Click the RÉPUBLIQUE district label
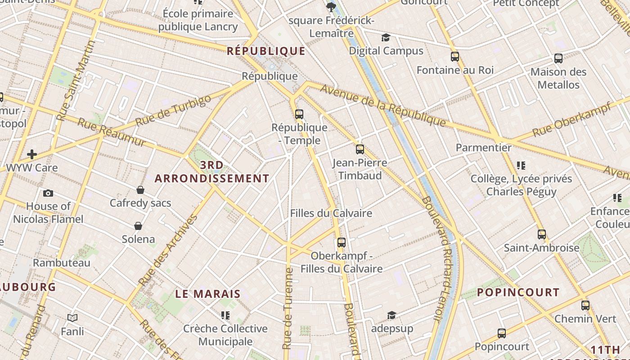(x=266, y=51)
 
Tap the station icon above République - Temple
(x=299, y=114)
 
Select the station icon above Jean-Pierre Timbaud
(x=360, y=149)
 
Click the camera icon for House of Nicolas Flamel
(x=48, y=193)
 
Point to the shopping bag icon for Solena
(x=138, y=226)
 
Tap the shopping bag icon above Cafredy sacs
(x=140, y=190)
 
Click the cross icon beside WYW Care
(x=32, y=155)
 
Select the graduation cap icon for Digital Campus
(x=386, y=37)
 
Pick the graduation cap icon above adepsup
(x=391, y=315)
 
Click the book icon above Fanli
(x=72, y=318)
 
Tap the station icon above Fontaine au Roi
(x=455, y=57)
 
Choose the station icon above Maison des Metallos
(x=558, y=58)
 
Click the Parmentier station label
(x=484, y=148)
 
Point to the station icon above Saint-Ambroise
(x=542, y=234)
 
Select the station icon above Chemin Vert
(x=585, y=306)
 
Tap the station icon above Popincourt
(x=502, y=333)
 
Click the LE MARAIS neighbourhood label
(x=208, y=294)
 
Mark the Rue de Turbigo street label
(x=173, y=111)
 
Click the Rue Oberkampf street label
(x=571, y=120)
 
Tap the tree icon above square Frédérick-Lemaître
(x=331, y=7)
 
